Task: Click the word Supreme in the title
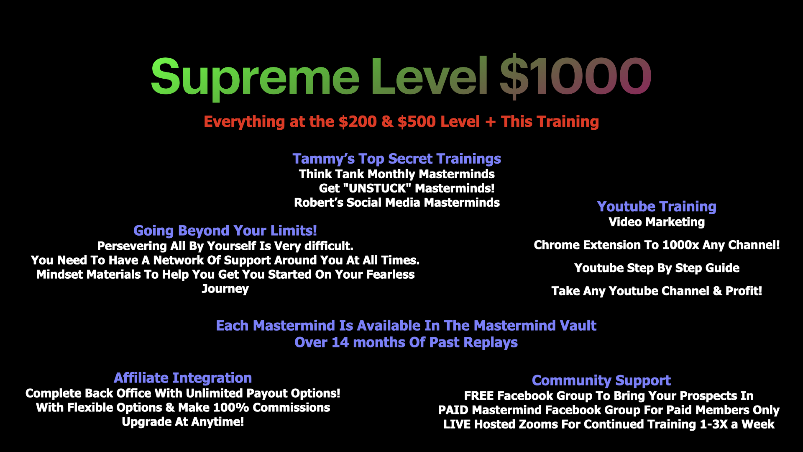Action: click(x=255, y=77)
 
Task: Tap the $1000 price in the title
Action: click(x=575, y=76)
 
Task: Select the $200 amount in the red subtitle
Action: click(x=358, y=121)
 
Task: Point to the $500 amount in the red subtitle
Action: click(x=417, y=121)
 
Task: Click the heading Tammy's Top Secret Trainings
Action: click(x=396, y=159)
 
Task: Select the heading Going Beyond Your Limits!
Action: click(x=225, y=231)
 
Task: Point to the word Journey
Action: click(x=225, y=289)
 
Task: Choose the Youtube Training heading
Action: click(x=657, y=207)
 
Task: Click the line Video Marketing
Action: click(x=657, y=222)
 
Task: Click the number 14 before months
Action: click(x=340, y=342)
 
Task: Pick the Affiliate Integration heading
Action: click(x=183, y=378)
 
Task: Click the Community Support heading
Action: click(x=601, y=381)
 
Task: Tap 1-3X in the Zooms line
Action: click(x=713, y=424)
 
